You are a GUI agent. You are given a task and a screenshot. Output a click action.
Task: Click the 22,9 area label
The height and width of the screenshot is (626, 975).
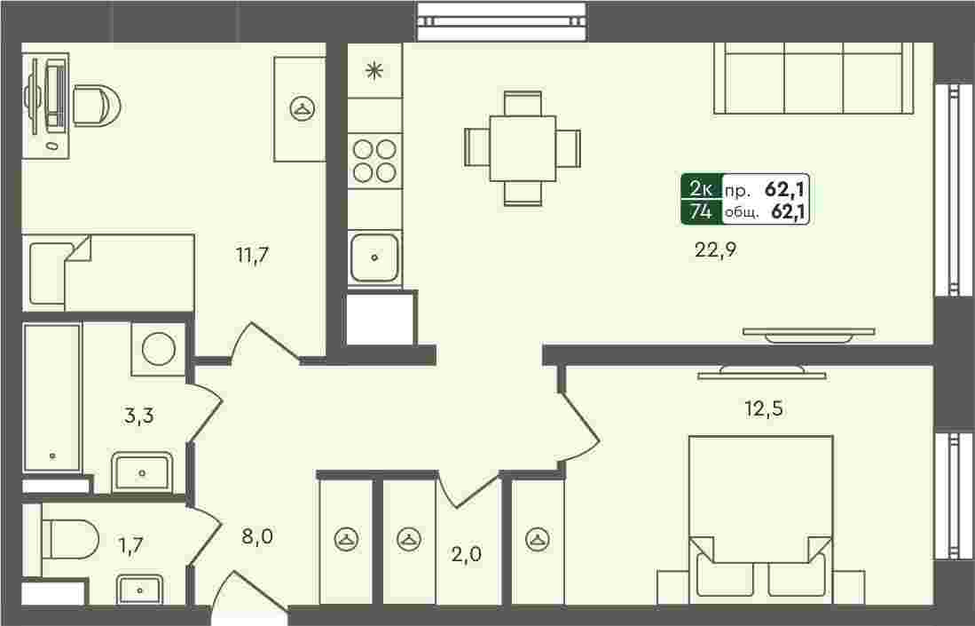point(715,250)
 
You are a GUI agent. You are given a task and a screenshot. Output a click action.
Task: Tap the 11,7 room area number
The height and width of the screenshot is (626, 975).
point(252,255)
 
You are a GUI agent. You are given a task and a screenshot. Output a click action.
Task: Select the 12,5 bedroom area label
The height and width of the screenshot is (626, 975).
point(764,408)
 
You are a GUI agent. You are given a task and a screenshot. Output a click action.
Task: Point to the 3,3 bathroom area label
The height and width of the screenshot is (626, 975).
point(138,415)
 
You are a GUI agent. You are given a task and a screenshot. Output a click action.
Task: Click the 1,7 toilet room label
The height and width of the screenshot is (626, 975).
point(130,545)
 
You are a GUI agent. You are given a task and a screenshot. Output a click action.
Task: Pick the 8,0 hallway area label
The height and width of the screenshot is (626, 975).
point(256,535)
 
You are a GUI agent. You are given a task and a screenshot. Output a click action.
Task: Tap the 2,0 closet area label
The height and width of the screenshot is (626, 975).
point(467,553)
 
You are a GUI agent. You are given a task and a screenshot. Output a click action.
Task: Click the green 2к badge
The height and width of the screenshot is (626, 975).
point(702,187)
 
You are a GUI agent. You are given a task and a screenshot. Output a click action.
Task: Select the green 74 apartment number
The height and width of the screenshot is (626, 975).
point(702,211)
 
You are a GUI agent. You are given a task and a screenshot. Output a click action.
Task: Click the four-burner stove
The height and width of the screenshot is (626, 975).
point(374,161)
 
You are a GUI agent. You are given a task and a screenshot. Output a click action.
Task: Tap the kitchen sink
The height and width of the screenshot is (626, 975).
point(373,257)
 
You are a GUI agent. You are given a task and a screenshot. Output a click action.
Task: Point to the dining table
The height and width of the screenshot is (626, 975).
point(523,148)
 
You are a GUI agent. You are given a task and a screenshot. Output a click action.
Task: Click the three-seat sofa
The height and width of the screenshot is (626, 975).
point(814,78)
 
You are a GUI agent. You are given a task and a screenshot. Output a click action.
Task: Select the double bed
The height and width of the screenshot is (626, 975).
point(761,519)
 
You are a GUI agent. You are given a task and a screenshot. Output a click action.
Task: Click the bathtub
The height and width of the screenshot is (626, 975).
point(52,398)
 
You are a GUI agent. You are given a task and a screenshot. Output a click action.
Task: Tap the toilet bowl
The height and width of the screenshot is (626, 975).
point(69,540)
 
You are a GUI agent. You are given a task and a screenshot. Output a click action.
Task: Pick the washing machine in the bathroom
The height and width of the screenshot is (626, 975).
point(159,348)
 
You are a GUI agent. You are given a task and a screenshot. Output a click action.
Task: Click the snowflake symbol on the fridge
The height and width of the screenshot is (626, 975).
point(373,69)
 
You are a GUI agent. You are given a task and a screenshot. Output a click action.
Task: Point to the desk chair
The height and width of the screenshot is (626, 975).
point(97,105)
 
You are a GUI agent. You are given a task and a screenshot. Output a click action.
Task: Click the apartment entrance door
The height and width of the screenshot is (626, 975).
point(248,594)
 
